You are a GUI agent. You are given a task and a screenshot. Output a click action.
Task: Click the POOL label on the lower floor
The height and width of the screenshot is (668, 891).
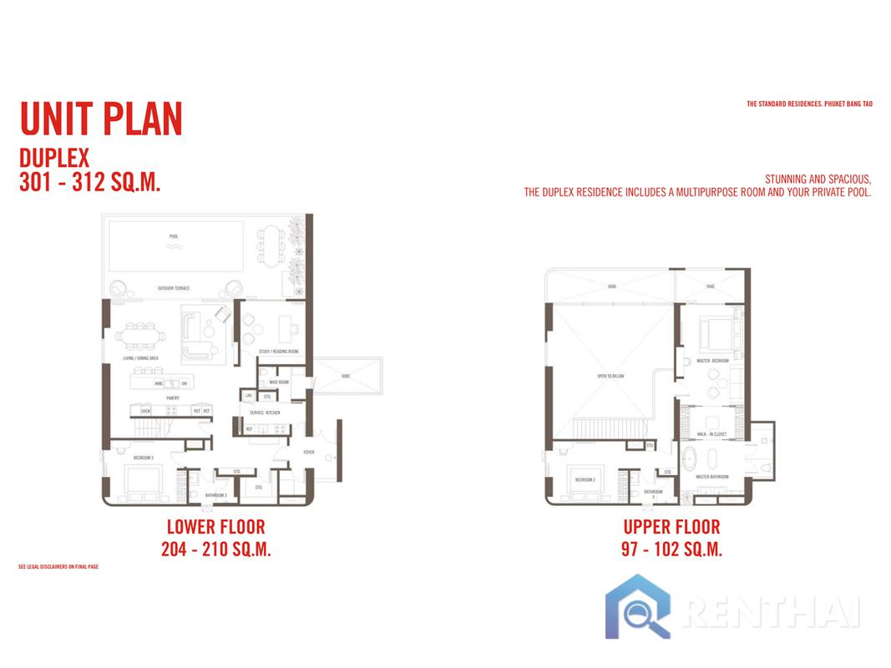[x=174, y=236]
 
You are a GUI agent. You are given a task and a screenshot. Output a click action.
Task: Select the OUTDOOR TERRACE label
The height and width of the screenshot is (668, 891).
[x=174, y=289]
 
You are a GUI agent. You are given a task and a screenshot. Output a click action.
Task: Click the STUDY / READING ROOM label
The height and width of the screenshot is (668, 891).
[x=279, y=352]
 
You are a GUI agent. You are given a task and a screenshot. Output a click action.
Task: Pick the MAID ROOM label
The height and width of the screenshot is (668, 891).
[x=279, y=382]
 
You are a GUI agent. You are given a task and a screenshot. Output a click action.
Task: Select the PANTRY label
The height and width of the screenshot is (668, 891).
[x=173, y=398]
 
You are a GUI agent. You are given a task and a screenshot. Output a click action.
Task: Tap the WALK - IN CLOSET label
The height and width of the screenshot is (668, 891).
[x=711, y=435]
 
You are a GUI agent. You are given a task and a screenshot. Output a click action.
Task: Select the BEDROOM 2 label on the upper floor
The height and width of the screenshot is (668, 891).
[x=585, y=480]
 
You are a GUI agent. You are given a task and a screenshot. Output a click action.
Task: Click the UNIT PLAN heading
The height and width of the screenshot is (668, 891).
[x=100, y=119]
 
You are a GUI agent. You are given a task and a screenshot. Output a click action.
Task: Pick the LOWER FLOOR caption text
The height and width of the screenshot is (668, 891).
[x=215, y=527]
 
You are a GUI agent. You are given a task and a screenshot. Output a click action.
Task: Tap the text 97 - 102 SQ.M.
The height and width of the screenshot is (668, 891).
[x=671, y=549]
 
